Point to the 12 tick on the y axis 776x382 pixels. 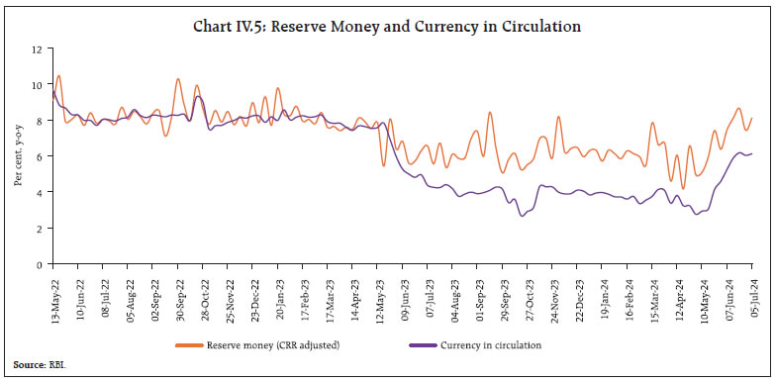coord(38,48)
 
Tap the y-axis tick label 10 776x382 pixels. coord(38,84)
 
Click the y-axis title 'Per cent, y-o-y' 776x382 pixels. coord(17,156)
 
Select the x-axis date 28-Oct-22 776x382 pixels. coord(203,294)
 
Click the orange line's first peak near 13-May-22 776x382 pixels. coord(59,75)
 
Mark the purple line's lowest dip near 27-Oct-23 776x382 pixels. coord(523,216)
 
